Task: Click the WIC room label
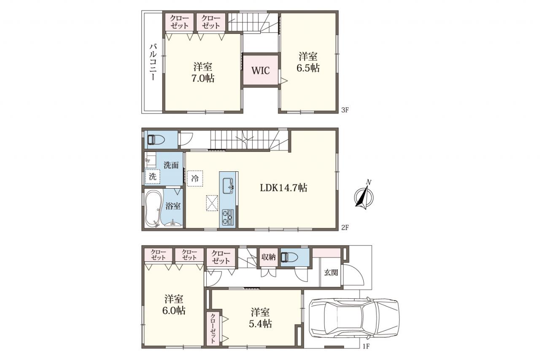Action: (x=261, y=70)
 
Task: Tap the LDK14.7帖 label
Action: (x=283, y=187)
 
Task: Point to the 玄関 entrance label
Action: (x=331, y=273)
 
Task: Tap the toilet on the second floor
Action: (x=156, y=140)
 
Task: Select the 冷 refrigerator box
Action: (x=195, y=179)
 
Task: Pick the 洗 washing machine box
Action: (x=152, y=176)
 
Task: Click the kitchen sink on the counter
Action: (x=228, y=186)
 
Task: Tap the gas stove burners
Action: (x=228, y=217)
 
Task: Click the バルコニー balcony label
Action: (x=153, y=62)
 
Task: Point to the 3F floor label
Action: (x=345, y=110)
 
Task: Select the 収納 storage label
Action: (x=269, y=257)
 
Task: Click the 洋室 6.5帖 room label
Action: (x=308, y=62)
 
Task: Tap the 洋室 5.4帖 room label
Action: (x=260, y=318)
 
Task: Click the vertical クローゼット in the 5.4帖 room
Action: (x=213, y=328)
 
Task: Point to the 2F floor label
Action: (x=345, y=227)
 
